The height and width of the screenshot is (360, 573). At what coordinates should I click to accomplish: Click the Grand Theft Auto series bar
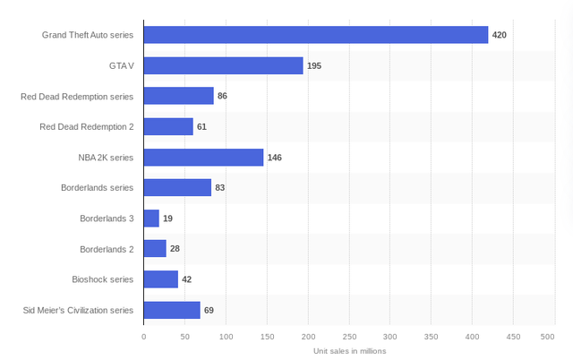(x=315, y=35)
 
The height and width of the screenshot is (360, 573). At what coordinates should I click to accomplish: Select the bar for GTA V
(x=223, y=65)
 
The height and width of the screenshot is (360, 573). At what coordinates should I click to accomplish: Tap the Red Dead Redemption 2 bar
(x=168, y=126)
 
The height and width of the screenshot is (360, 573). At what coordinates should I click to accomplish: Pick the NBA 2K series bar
(x=203, y=158)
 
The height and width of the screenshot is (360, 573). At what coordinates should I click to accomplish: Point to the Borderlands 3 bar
(x=151, y=219)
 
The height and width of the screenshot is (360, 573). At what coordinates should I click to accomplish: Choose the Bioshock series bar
(x=161, y=279)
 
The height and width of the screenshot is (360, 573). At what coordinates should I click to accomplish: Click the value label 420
(x=500, y=35)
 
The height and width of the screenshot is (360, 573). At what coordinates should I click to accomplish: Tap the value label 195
(x=314, y=65)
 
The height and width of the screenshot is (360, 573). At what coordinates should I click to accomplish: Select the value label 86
(x=223, y=96)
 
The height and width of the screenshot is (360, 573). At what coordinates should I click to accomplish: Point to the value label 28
(x=175, y=249)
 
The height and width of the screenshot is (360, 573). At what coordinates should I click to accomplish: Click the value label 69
(x=209, y=310)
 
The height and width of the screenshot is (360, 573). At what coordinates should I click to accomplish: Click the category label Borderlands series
(x=98, y=188)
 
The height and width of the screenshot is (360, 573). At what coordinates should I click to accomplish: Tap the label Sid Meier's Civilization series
(x=79, y=310)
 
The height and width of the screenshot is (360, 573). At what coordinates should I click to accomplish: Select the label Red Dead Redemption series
(x=77, y=96)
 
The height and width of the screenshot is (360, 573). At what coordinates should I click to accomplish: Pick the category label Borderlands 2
(x=107, y=249)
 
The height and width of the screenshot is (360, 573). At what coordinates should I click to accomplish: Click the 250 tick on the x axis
(x=349, y=337)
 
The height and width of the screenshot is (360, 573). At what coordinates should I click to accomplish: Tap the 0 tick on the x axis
(x=144, y=337)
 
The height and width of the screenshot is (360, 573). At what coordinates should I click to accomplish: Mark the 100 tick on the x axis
(x=226, y=337)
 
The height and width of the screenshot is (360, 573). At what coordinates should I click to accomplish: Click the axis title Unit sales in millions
(x=349, y=350)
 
